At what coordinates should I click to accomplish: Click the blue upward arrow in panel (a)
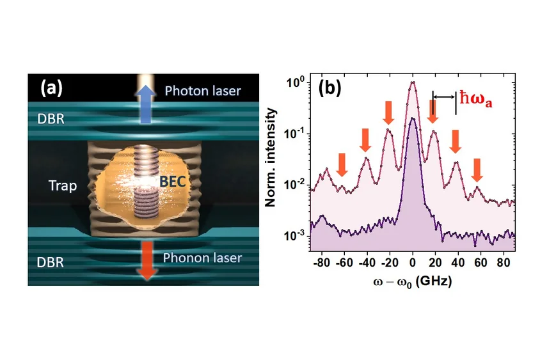(x=147, y=104)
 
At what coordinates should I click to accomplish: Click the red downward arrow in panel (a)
(x=147, y=260)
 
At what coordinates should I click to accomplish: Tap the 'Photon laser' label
(x=202, y=91)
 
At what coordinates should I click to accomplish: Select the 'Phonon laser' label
(x=202, y=258)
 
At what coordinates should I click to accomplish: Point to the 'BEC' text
(x=173, y=182)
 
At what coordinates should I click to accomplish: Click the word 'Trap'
(x=63, y=186)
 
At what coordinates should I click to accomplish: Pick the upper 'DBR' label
(x=51, y=119)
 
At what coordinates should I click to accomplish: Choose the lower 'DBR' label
(x=51, y=263)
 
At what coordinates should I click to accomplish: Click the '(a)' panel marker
(x=52, y=88)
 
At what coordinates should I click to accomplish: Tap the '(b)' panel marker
(x=330, y=88)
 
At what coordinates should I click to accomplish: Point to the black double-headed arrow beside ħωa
(x=444, y=97)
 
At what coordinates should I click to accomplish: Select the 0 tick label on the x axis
(x=413, y=263)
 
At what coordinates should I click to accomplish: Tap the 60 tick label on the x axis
(x=480, y=263)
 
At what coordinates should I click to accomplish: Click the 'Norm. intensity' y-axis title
(x=271, y=157)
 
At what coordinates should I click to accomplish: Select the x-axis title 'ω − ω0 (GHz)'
(x=412, y=282)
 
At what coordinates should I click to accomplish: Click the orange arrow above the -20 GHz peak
(x=389, y=113)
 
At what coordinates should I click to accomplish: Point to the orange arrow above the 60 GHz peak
(x=477, y=170)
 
